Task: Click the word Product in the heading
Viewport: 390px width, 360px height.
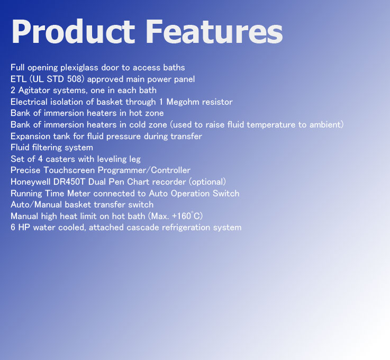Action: [x=73, y=32]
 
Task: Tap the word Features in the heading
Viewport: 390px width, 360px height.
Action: [x=214, y=32]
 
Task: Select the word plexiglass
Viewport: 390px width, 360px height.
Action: [x=79, y=68]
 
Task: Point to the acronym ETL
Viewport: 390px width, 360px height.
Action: [x=19, y=79]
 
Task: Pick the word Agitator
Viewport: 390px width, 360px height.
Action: [x=34, y=91]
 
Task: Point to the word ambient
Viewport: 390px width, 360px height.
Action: [x=325, y=124]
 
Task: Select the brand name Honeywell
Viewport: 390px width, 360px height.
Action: [x=31, y=182]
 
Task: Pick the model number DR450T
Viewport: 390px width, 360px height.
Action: [x=69, y=182]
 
